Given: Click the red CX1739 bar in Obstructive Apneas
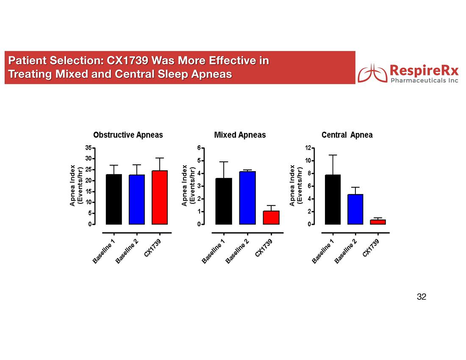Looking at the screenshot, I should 160,197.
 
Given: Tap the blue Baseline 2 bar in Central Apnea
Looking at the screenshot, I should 355,209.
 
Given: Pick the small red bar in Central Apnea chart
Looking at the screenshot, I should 378,222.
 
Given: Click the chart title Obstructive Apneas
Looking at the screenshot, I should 128,135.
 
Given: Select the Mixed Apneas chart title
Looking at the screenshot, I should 240,135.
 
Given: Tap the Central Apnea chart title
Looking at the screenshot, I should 347,135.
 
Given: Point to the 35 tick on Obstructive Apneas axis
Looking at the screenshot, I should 88,148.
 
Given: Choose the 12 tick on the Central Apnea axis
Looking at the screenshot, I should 308,148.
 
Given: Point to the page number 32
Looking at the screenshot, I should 421,296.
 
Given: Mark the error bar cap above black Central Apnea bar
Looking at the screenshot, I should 333,155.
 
